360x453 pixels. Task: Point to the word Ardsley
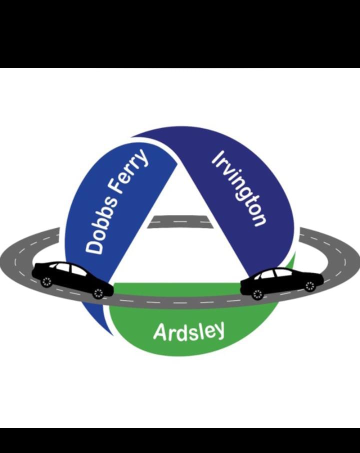pos(188,331)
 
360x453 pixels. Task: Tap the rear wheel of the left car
pos(46,282)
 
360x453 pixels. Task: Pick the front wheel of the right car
pos(258,294)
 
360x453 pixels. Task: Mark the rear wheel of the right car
pos(309,285)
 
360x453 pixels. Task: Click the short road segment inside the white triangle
pos(179,221)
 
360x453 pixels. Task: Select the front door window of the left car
pos(78,271)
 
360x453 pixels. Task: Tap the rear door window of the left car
pos(62,267)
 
